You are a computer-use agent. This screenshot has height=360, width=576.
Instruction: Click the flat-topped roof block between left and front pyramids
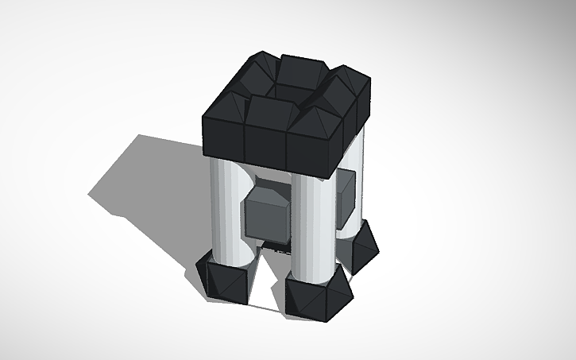pyautogui.click(x=269, y=110)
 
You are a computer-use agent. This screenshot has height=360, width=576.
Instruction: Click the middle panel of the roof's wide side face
pyautogui.click(x=265, y=143)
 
